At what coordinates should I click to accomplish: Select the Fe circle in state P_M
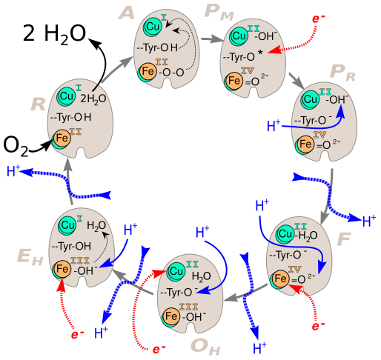click(234, 79)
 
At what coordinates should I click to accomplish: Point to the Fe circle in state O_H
click(170, 317)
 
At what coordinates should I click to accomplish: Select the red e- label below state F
click(318, 326)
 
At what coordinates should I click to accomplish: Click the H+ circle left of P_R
click(273, 126)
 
